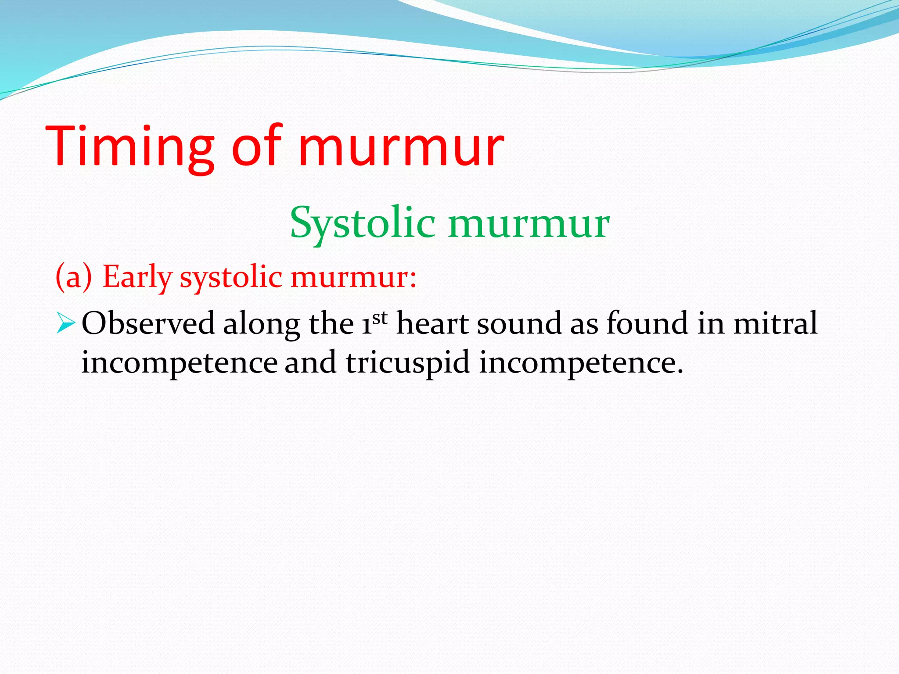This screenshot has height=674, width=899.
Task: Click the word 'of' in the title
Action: [x=256, y=147]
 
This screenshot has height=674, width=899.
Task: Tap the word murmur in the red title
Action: [x=401, y=147]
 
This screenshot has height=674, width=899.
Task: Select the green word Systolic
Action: [x=362, y=223]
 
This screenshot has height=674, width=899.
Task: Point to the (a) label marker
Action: [x=74, y=277]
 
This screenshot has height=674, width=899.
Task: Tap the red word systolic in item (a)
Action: [x=231, y=277]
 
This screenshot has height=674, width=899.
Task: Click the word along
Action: [x=261, y=324]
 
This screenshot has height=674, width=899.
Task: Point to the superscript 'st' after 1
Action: [x=380, y=317]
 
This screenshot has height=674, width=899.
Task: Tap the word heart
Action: [x=432, y=324]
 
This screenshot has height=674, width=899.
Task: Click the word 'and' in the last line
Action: [x=311, y=363]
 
